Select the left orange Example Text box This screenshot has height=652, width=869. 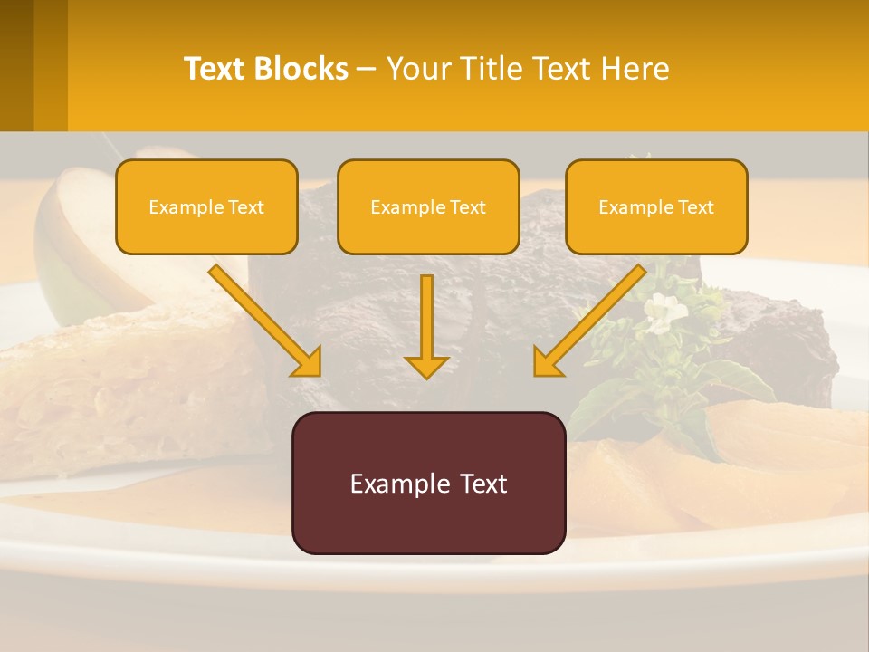pos(206,207)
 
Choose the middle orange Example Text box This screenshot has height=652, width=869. pos(428,207)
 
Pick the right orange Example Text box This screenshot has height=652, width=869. pos(656,207)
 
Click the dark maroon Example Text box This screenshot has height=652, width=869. pos(428,484)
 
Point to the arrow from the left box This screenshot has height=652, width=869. pos(263,320)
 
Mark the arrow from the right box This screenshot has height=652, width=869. pos(593,320)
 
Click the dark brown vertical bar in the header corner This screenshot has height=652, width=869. pos(17,65)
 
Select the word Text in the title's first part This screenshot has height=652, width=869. pos(215,69)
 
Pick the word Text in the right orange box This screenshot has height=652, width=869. pos(695,207)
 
